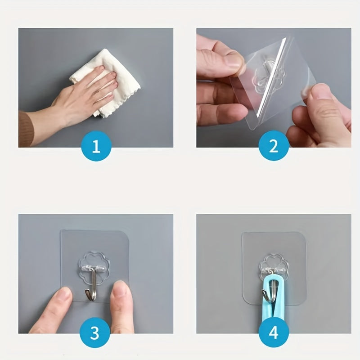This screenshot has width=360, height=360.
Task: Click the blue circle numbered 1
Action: point(95,147)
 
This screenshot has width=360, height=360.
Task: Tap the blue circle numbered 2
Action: point(273,147)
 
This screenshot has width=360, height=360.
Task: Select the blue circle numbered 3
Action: point(95,333)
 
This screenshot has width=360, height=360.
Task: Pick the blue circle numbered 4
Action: point(273,333)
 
